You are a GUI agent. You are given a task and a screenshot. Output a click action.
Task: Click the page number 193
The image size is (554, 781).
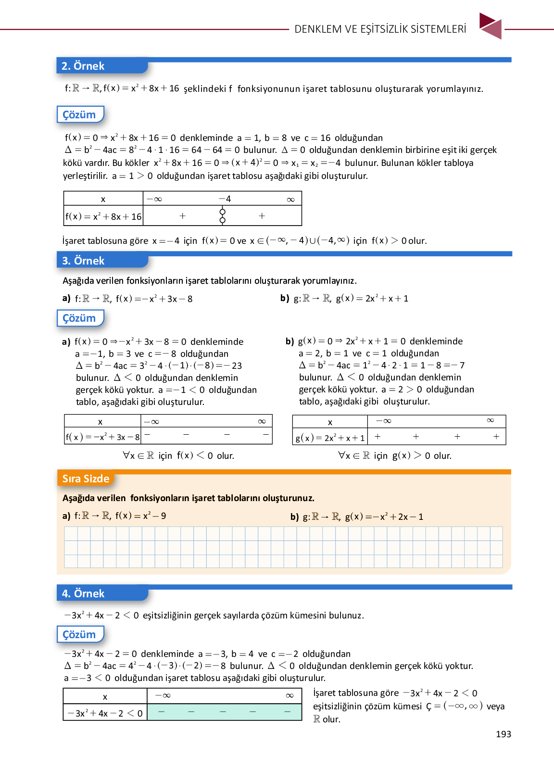tap(503, 734)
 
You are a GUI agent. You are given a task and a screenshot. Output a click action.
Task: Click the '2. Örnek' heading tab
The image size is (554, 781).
tap(83, 66)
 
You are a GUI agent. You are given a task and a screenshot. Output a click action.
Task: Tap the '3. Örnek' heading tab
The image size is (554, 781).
tap(83, 261)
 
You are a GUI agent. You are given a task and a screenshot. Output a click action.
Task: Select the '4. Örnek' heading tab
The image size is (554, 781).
tap(83, 593)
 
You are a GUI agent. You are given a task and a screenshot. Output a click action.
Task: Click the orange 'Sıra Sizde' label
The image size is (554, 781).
tap(86, 479)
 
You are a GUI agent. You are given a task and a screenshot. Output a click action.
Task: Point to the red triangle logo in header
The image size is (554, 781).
tap(491, 26)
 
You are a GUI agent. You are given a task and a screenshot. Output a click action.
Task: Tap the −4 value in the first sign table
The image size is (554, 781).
tap(225, 199)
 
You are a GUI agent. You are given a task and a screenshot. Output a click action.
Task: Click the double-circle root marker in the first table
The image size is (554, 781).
tap(222, 216)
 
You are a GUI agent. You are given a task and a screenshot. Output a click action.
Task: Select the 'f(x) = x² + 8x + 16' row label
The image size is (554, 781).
tap(103, 216)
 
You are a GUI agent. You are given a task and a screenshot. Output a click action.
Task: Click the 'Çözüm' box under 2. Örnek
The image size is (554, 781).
tap(79, 114)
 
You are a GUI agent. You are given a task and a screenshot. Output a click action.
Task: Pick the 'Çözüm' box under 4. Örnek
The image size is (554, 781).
tap(79, 634)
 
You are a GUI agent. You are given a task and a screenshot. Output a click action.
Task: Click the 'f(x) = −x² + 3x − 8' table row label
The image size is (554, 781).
tap(103, 437)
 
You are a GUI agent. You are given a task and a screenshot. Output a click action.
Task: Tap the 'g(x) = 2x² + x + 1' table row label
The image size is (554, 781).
tap(330, 438)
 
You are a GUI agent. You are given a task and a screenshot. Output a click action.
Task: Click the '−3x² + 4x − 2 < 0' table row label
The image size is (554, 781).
tap(105, 713)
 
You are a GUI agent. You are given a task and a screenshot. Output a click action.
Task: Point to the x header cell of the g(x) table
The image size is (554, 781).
tap(330, 422)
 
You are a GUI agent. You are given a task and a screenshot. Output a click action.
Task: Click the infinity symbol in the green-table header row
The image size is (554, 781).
tap(290, 695)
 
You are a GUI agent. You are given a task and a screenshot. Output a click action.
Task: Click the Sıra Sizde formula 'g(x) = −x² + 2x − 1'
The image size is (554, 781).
tap(384, 516)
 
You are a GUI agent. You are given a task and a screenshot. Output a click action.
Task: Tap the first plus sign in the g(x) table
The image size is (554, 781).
tap(378, 437)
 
